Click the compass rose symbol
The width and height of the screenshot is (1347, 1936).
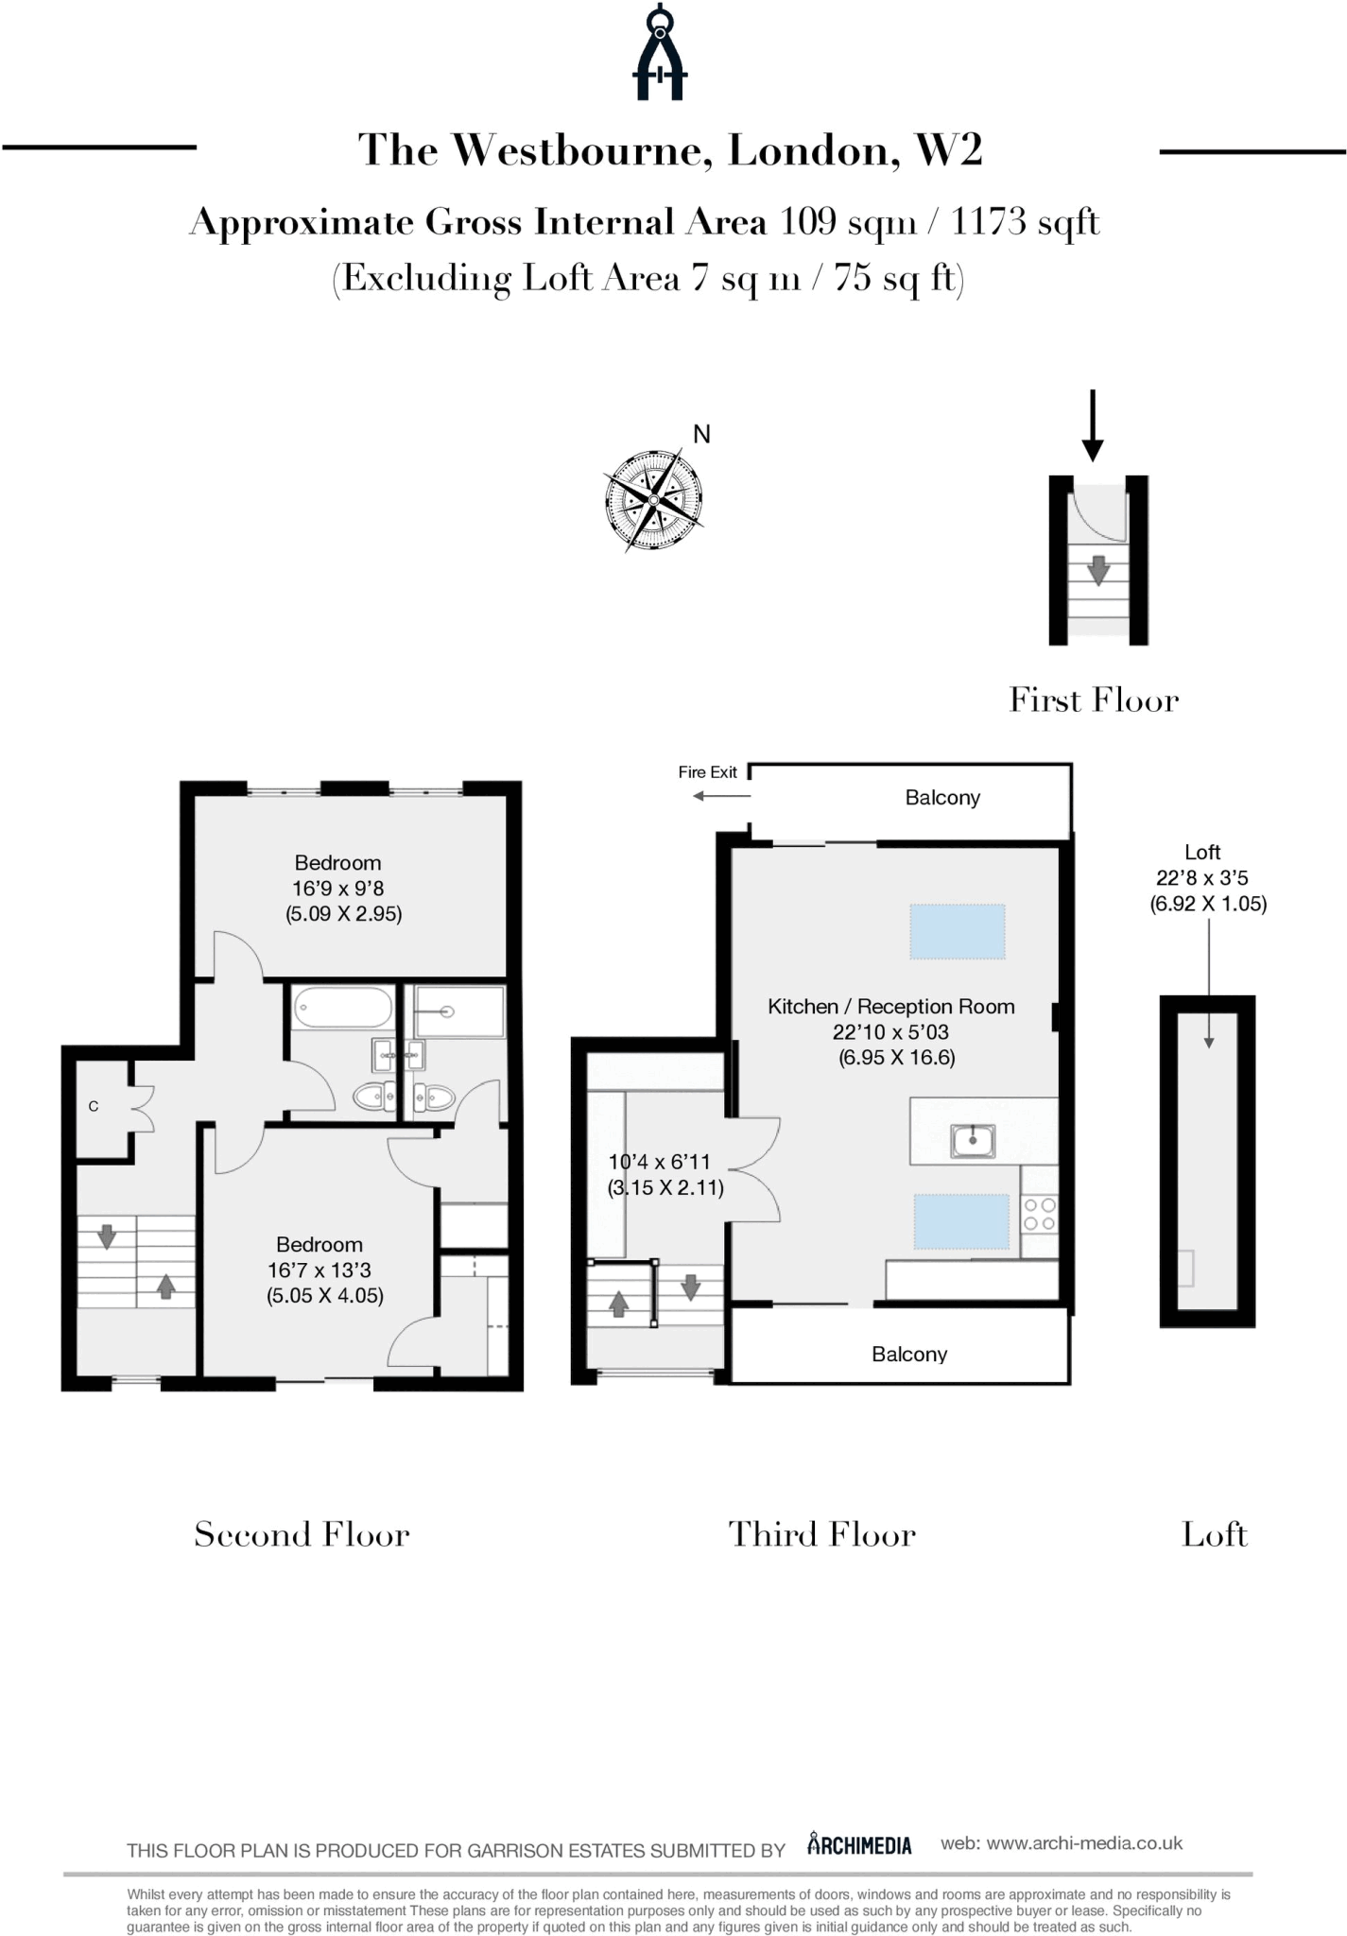[654, 500]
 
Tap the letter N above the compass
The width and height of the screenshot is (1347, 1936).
[701, 434]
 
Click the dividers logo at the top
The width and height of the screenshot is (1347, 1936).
[660, 52]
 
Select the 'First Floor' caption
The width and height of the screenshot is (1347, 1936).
[1094, 700]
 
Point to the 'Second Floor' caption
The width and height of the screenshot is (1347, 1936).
[302, 1533]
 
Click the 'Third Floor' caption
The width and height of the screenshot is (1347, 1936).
[822, 1533]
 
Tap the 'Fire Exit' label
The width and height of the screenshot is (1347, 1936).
[707, 772]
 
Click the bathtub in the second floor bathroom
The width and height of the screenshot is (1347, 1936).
[343, 1008]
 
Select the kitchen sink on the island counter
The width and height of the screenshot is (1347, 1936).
[973, 1140]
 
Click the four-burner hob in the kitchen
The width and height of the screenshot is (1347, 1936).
[1040, 1214]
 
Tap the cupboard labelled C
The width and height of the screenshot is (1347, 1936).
[102, 1107]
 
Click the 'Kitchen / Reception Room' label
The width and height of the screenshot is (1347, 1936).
[891, 1007]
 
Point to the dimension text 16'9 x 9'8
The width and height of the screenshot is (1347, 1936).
[338, 889]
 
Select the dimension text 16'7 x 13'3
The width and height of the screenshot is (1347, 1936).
[319, 1270]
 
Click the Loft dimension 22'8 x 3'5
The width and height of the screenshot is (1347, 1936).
[1202, 878]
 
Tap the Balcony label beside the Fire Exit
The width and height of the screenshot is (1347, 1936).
[942, 798]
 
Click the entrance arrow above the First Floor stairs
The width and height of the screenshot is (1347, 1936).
[1093, 425]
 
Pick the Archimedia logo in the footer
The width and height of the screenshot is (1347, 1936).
[859, 1844]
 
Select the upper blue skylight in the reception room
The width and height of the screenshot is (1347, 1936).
[958, 931]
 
